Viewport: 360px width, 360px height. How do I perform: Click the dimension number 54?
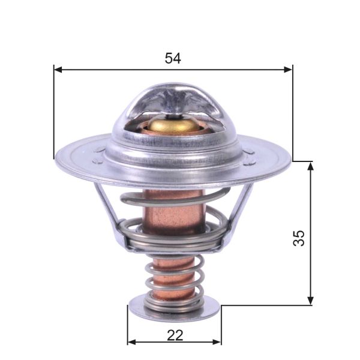173,58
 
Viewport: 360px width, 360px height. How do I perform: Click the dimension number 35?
299,238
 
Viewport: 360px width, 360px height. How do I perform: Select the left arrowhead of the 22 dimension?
131,343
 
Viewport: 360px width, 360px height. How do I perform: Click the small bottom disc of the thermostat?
174,310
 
